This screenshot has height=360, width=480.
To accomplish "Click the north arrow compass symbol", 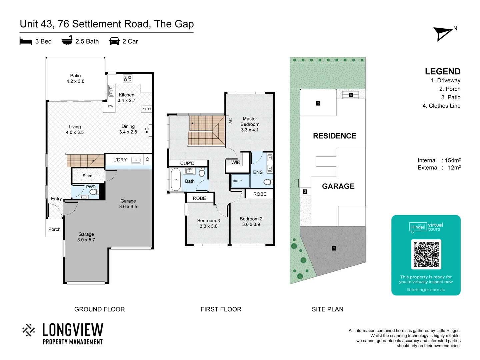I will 443,34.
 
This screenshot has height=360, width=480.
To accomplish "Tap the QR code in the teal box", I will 426,254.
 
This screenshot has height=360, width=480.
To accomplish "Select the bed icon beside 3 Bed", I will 26,41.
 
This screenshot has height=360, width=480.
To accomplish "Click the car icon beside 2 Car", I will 114,41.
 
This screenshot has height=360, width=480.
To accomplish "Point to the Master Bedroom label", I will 250,124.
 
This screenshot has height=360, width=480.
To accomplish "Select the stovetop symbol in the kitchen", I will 128,79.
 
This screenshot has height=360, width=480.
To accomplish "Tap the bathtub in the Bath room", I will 176,180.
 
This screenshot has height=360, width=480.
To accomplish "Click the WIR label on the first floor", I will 236,162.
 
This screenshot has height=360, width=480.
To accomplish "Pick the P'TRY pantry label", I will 146,109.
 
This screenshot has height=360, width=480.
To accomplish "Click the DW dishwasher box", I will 110,106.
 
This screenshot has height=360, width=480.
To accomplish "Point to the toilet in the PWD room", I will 93,192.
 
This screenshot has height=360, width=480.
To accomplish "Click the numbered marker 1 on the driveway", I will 334,248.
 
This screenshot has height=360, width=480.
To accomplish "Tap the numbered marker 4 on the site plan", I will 351,95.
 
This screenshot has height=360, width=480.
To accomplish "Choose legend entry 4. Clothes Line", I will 441,106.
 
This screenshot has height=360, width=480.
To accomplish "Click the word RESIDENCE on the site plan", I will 334,136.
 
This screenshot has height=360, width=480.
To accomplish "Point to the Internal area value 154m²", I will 452,160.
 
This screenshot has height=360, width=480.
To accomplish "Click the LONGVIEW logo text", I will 73,330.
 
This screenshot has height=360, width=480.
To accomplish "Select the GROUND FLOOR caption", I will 99,309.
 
